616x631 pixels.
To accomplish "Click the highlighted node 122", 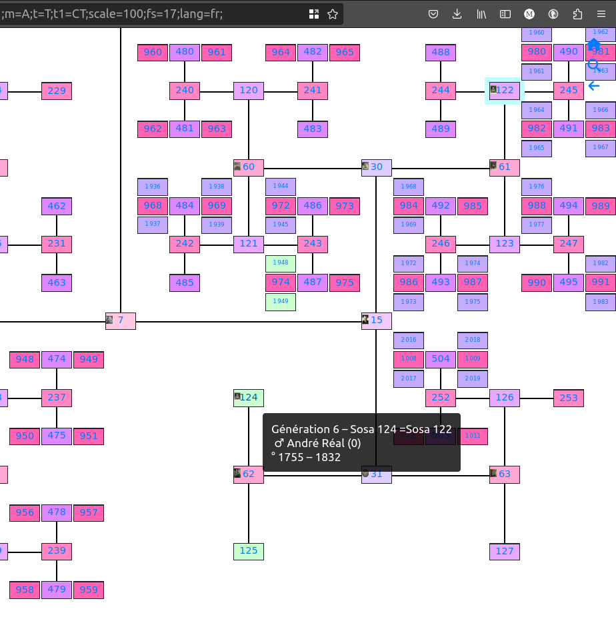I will (x=505, y=91).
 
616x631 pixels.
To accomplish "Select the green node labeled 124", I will (x=249, y=398).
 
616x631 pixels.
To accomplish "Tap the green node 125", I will (x=249, y=551).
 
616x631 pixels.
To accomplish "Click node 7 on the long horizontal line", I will (x=121, y=320).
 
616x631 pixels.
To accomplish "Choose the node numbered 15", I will (x=377, y=320).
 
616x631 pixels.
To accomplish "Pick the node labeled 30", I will (x=377, y=167).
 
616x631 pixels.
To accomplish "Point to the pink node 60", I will (x=249, y=167).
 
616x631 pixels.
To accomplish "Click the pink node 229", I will (x=57, y=91).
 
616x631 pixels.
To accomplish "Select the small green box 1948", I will (x=281, y=263).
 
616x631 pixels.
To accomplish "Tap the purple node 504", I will (x=441, y=359).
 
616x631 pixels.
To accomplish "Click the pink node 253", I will (x=569, y=398).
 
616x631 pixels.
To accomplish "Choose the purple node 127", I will (x=505, y=551).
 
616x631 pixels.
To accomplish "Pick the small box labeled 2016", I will (x=409, y=340).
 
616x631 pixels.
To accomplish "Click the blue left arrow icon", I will (x=593, y=86).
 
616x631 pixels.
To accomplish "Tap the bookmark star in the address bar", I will (x=333, y=14).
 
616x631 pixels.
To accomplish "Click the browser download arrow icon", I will (x=457, y=14).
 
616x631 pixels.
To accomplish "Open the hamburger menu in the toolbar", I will (x=602, y=14).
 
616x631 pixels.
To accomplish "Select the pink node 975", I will (x=345, y=282).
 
